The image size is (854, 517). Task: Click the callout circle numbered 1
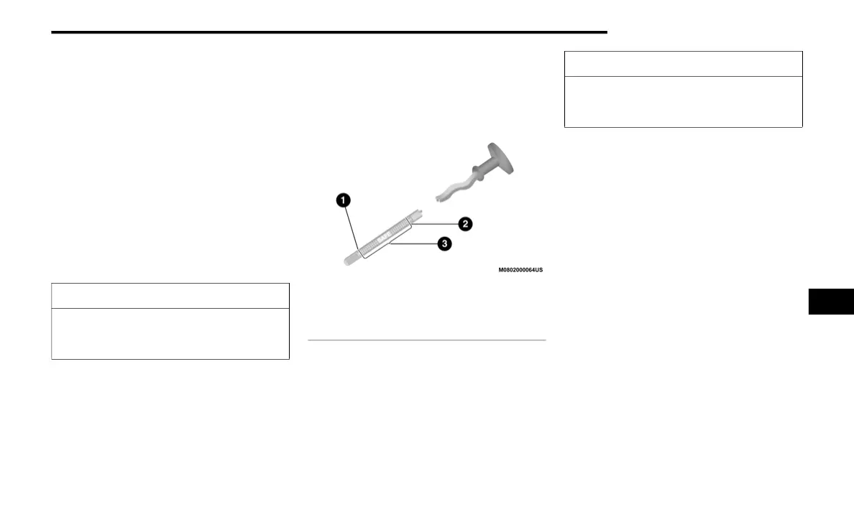click(344, 201)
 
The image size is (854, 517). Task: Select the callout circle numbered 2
click(465, 224)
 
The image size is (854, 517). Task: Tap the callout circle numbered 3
click(445, 244)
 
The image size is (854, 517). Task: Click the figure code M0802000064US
click(520, 271)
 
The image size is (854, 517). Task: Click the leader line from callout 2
click(436, 223)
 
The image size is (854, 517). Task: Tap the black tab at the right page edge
click(831, 301)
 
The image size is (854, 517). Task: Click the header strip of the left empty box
click(170, 296)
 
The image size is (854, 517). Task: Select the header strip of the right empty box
click(683, 64)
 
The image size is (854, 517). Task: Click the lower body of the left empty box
click(170, 333)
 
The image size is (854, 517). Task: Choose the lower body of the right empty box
click(683, 101)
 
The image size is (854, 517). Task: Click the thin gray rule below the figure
click(426, 340)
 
